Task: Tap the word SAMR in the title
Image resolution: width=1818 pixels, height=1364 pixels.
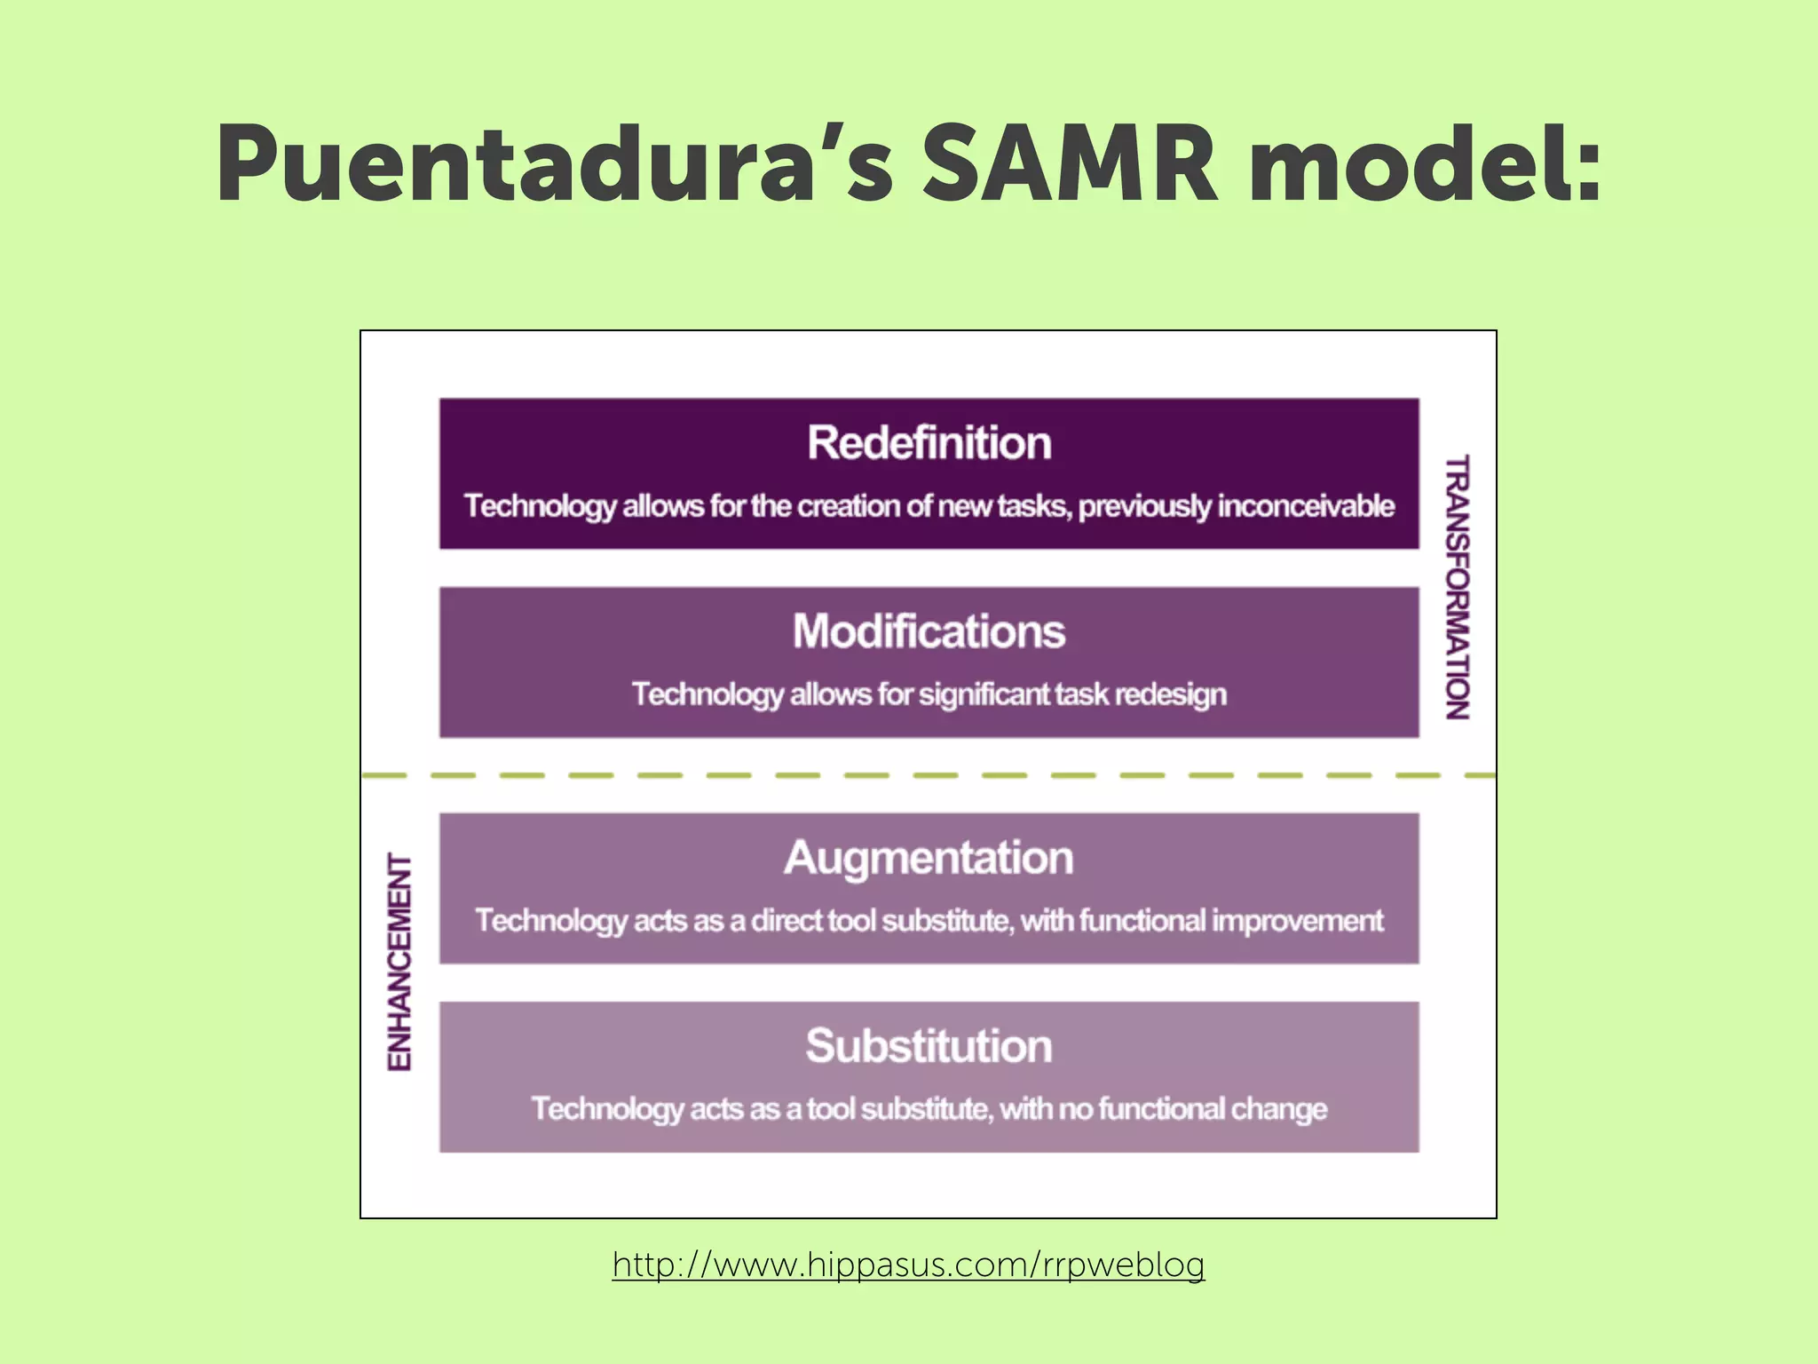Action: pyautogui.click(x=1070, y=165)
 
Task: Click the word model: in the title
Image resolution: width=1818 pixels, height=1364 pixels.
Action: pyautogui.click(x=1425, y=165)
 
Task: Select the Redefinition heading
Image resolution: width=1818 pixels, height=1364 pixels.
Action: pyautogui.click(x=929, y=442)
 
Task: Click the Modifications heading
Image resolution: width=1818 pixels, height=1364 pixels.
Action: pyautogui.click(x=929, y=631)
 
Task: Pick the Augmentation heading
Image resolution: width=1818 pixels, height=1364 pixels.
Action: pyautogui.click(x=929, y=858)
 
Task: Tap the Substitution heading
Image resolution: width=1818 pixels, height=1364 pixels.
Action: pyautogui.click(x=929, y=1046)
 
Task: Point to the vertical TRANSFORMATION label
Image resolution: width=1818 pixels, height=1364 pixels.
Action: pyautogui.click(x=1457, y=586)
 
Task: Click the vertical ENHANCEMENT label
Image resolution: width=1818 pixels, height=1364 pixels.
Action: pyautogui.click(x=400, y=963)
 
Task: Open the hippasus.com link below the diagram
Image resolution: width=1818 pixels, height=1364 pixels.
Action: pyautogui.click(x=908, y=1264)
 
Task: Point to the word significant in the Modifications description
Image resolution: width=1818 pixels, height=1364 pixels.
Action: pyautogui.click(x=984, y=694)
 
